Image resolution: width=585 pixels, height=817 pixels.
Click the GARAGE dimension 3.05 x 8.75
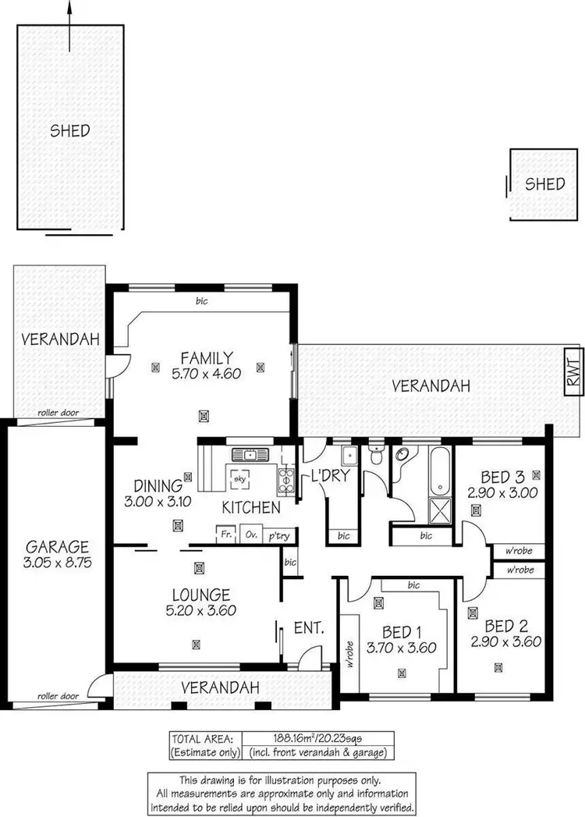tap(56, 562)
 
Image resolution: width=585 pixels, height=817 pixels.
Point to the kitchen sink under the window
tap(250, 455)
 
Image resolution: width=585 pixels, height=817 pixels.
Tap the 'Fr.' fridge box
tap(225, 536)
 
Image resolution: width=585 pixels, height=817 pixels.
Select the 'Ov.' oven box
tap(251, 536)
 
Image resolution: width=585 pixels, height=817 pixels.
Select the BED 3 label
tap(497, 477)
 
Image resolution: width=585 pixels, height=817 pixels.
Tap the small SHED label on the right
tap(544, 184)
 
